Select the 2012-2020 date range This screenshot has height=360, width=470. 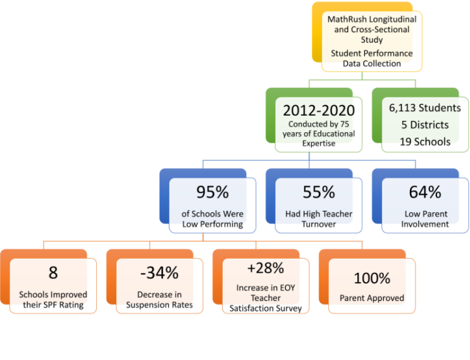pyautogui.click(x=319, y=111)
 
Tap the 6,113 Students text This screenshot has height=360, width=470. pyautogui.click(x=425, y=108)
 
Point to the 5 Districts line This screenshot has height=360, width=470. pyautogui.click(x=425, y=125)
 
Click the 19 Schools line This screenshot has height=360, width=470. pyautogui.click(x=425, y=142)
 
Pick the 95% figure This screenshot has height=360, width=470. pyautogui.click(x=213, y=192)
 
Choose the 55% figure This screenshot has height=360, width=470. pyautogui.click(x=319, y=192)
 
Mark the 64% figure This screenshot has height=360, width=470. pyautogui.click(x=425, y=192)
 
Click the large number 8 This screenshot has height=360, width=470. pyautogui.click(x=53, y=273)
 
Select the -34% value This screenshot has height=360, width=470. pyautogui.click(x=159, y=273)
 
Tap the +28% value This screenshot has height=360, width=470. pyautogui.click(x=266, y=268)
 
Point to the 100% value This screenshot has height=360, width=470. pyautogui.click(x=372, y=278)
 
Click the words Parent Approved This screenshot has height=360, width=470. pyautogui.click(x=372, y=298)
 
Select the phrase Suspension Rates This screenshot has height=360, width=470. pyautogui.click(x=159, y=305)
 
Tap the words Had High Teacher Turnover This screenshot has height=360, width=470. pyautogui.click(x=319, y=219)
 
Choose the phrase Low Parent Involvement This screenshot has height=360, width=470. pyautogui.click(x=425, y=219)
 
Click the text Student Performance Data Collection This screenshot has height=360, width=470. pyautogui.click(x=372, y=58)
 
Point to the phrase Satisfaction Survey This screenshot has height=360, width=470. pyautogui.click(x=266, y=309)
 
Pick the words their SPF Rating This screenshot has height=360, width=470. pyautogui.click(x=53, y=305)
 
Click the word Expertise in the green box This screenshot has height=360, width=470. pyautogui.click(x=319, y=143)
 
